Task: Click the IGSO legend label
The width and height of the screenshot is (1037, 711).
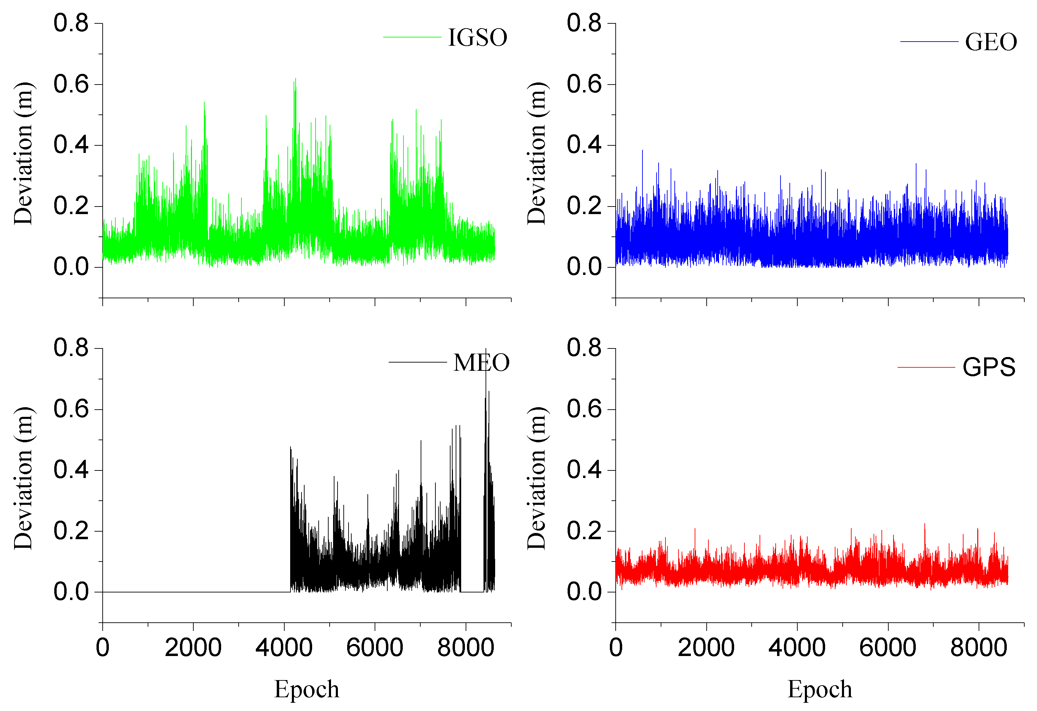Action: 477,37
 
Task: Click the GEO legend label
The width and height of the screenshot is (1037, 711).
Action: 991,42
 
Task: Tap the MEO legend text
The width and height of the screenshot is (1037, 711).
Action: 481,363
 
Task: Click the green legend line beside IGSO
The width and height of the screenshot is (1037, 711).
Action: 412,37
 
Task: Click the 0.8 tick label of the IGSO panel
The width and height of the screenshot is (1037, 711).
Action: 71,23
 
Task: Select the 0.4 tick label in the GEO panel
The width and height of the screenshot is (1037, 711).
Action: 584,145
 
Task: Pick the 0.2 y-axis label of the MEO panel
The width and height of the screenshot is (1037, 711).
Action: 71,531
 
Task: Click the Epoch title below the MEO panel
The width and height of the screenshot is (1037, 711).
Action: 307,689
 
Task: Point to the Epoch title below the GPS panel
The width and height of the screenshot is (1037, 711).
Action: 820,689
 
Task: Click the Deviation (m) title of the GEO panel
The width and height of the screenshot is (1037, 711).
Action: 536,153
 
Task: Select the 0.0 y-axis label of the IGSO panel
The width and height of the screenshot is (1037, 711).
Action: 71,267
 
